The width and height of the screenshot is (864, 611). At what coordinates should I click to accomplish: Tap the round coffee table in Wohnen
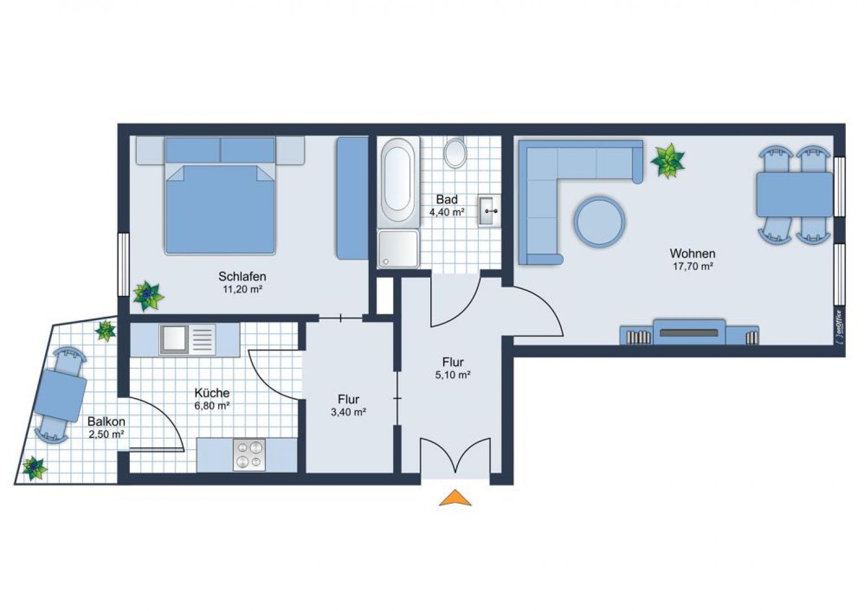coord(599,221)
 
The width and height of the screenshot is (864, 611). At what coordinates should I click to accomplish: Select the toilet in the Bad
coord(455,153)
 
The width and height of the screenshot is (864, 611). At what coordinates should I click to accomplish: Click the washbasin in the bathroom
coord(488,211)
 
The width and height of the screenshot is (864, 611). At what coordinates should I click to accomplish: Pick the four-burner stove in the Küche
coord(249,455)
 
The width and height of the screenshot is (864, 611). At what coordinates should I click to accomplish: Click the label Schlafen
coord(242,277)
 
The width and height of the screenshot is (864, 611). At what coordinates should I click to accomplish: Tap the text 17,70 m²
coord(692,267)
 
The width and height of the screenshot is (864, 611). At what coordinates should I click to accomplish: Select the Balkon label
coord(106,422)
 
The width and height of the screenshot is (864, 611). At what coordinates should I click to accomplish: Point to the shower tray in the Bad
coord(399,248)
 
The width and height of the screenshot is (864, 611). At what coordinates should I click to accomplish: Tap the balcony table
coord(60,395)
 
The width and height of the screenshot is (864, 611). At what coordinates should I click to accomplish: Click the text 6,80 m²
coord(212,406)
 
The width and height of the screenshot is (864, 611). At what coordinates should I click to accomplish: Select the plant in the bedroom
coord(147,295)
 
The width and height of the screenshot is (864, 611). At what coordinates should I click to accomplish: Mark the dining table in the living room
coord(794,194)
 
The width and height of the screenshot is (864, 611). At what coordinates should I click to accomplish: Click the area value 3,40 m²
coord(348,412)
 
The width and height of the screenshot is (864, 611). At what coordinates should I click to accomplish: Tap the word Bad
coord(447,199)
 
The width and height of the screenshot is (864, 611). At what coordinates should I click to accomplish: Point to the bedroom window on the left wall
coord(123,264)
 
